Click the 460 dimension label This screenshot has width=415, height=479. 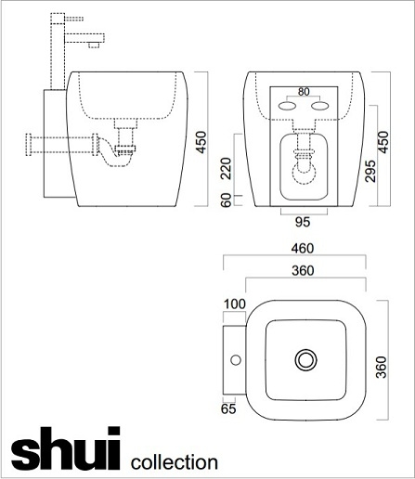pos(303,248)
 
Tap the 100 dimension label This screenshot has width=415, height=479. pos(235,304)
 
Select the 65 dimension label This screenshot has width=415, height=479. pos(228,409)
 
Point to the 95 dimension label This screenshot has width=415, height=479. pos(303,222)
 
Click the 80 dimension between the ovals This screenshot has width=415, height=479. pos(304,92)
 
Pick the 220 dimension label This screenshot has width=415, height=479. pos(227,168)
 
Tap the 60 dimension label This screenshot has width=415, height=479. pos(227,200)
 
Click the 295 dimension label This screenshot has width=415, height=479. pos(370,171)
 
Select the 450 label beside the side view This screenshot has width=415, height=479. pos(201,142)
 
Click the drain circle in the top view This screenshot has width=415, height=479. pos(305,360)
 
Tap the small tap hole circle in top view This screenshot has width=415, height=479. pos(236,360)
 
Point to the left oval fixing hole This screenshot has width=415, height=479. pos(287,106)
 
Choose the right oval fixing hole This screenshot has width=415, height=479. pos(320,106)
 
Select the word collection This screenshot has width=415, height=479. pos(175,462)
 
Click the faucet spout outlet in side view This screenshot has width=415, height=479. pos(94,45)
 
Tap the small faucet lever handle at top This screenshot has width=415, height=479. pos(74,19)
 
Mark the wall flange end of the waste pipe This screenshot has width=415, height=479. pos(29,145)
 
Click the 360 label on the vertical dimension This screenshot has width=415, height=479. pos(382,368)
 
